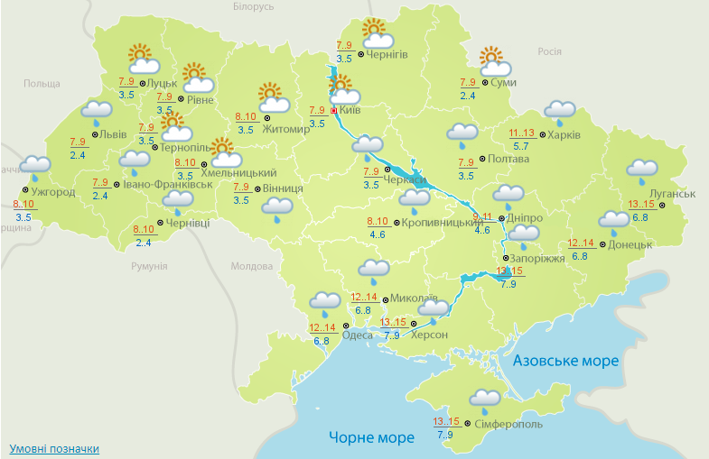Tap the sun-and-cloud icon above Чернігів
(377, 34)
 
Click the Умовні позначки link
(54, 448)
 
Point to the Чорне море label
(371, 437)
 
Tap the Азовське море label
(566, 361)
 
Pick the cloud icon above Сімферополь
(485, 399)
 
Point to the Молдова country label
(251, 267)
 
